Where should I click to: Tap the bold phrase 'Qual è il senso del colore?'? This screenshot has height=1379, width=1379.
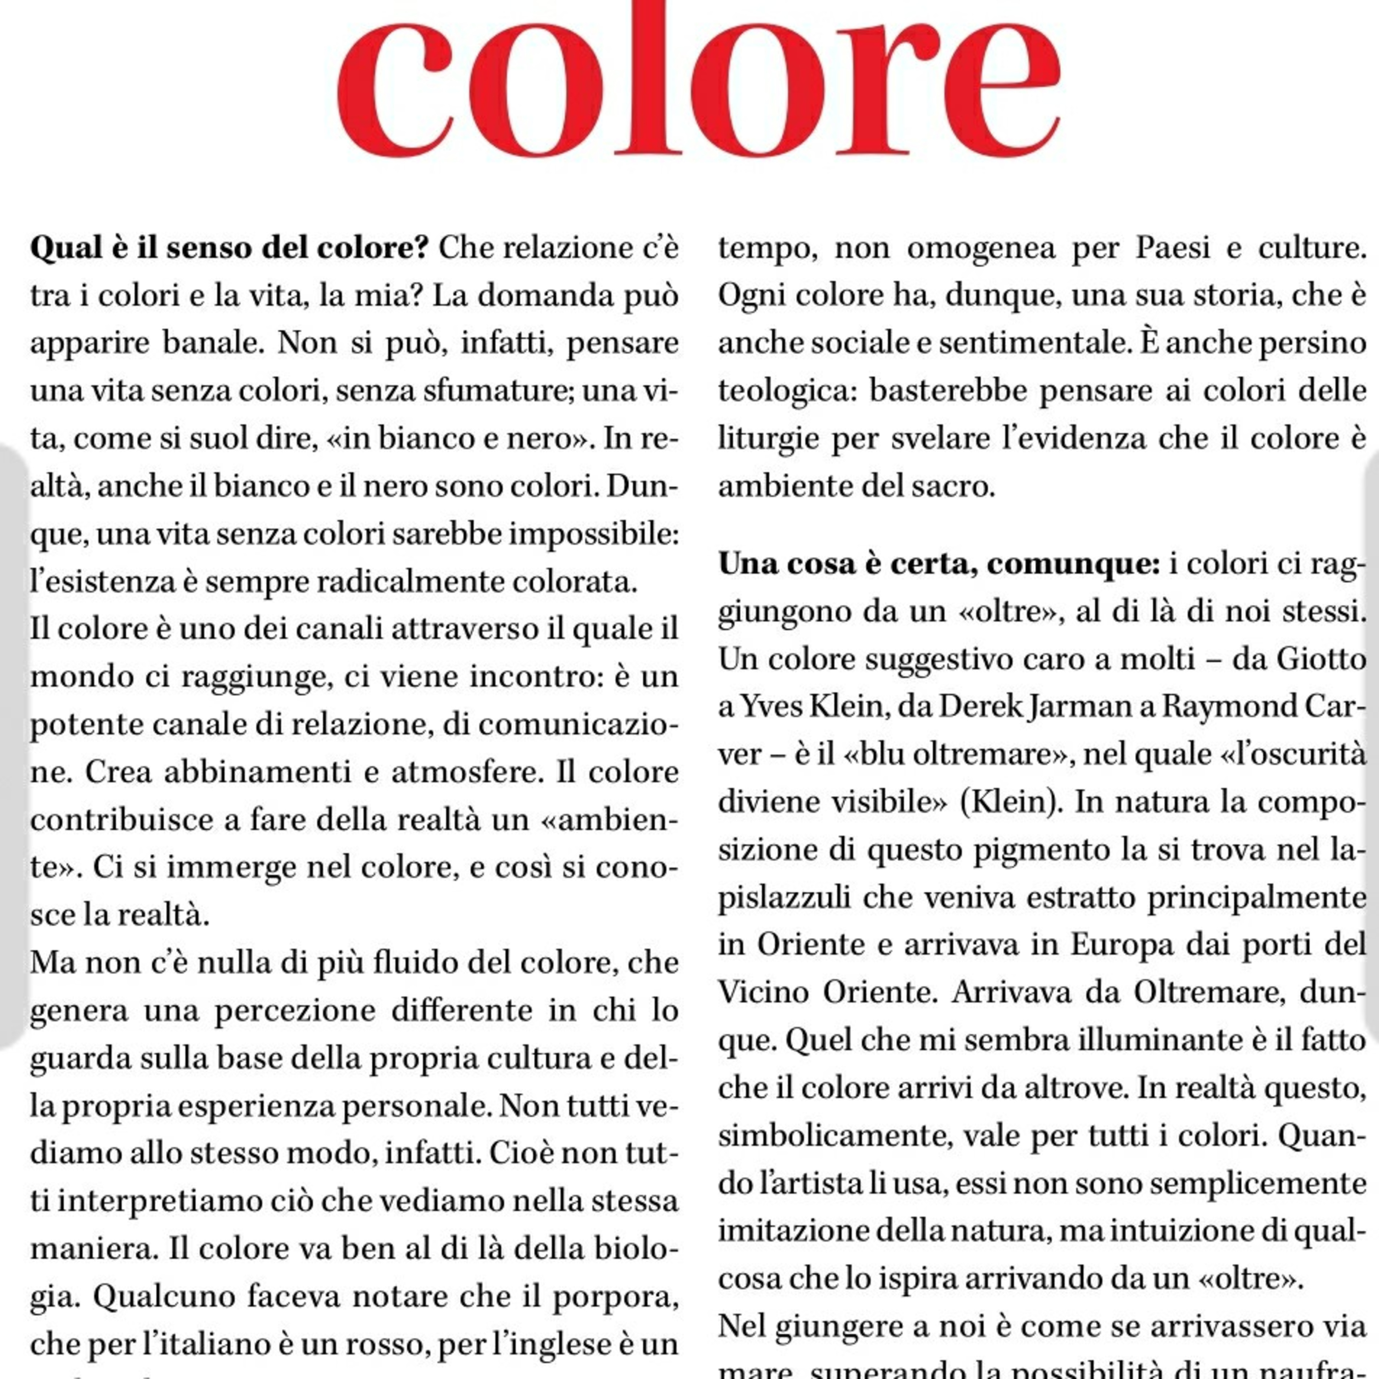[228, 248]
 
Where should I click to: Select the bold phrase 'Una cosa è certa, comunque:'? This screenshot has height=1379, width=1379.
[939, 564]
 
